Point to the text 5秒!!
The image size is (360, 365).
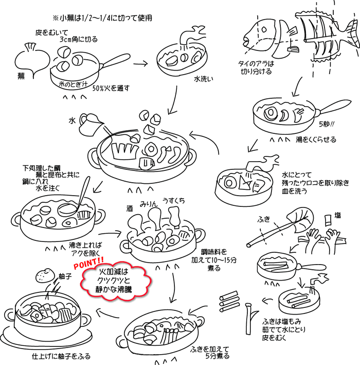(x=327, y=125)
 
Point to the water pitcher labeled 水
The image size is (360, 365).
(x=91, y=120)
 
